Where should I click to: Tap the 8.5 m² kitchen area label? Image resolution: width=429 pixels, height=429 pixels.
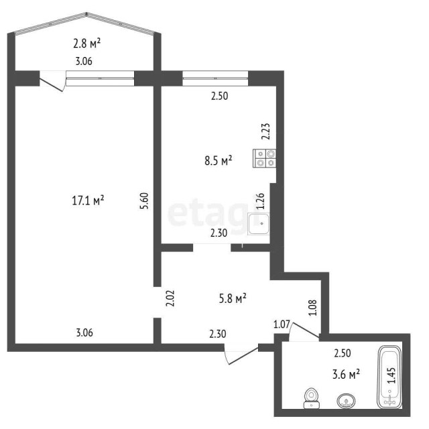[x=218, y=160]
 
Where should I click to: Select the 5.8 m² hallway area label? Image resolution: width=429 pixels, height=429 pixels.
[x=233, y=298]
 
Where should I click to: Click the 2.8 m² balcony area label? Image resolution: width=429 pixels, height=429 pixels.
[x=87, y=44]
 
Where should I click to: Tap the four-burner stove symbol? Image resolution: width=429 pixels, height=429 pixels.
[x=265, y=158]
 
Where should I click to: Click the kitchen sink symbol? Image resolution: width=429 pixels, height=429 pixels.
[x=258, y=225]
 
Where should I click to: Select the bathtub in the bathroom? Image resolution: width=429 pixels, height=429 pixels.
[x=390, y=377]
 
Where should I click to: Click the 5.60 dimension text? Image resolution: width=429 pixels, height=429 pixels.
[x=143, y=202]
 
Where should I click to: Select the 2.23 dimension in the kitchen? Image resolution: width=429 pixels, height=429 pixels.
[x=265, y=130]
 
